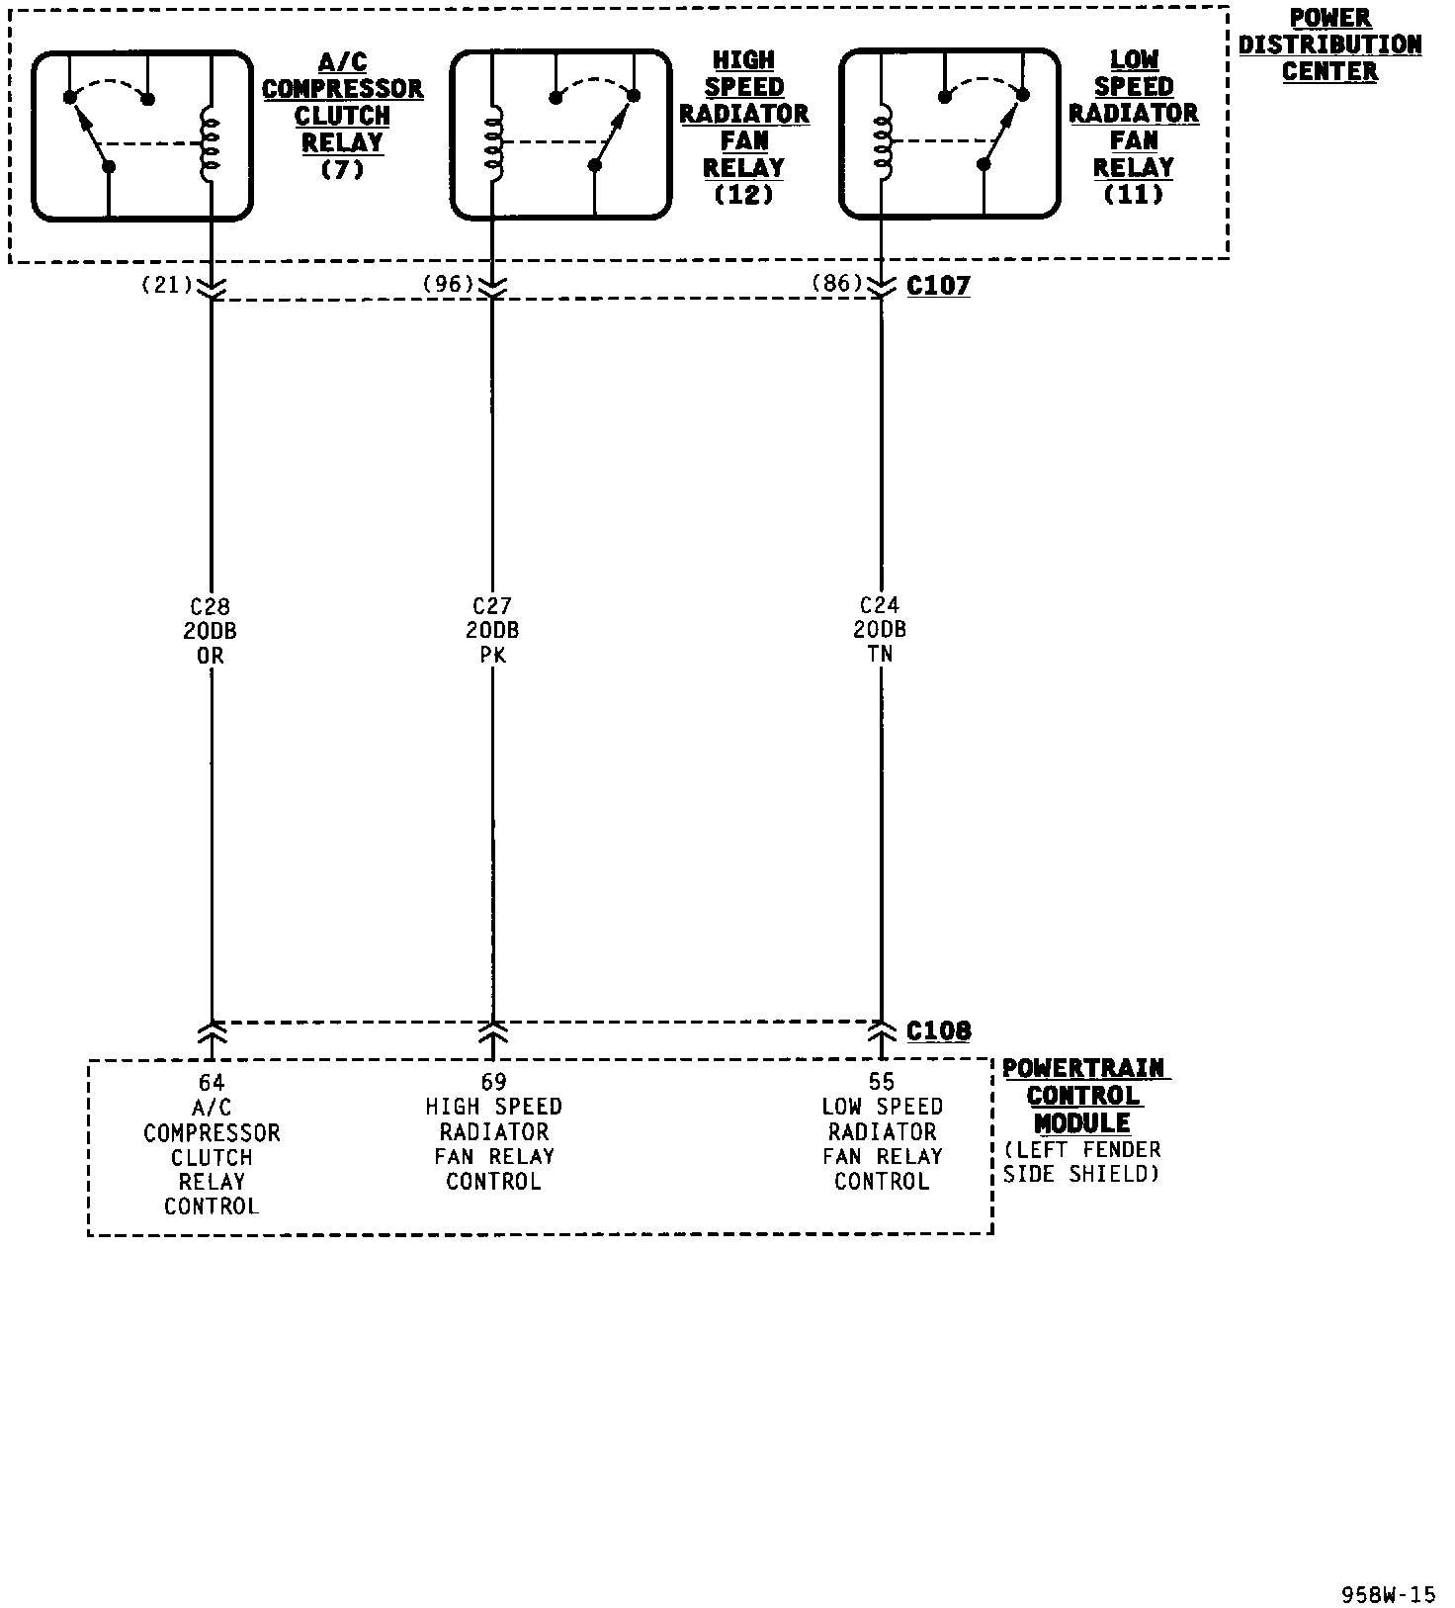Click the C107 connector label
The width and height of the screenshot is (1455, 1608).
(938, 286)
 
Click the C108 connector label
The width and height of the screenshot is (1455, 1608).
(938, 1031)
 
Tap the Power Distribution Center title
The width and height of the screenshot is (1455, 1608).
(1329, 45)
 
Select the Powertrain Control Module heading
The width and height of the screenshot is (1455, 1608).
(1084, 1096)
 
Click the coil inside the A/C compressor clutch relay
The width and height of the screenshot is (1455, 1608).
(211, 145)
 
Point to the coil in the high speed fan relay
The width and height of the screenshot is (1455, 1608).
(492, 145)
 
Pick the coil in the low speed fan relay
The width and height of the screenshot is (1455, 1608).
(881, 145)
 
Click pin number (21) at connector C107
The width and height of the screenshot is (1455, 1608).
(166, 285)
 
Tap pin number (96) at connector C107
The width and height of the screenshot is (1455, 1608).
(448, 284)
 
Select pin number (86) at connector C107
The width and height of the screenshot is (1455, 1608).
(836, 283)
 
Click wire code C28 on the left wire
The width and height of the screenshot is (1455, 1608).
(211, 607)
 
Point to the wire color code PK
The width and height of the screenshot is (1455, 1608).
(492, 655)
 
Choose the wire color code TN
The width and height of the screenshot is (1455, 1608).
(881, 654)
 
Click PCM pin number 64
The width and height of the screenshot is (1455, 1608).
(212, 1083)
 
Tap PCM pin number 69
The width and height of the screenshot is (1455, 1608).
(493, 1082)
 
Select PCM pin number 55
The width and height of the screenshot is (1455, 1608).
(882, 1082)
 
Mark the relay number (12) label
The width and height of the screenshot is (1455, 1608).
(743, 195)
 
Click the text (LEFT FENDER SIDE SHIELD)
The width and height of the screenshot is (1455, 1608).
(1081, 1162)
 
